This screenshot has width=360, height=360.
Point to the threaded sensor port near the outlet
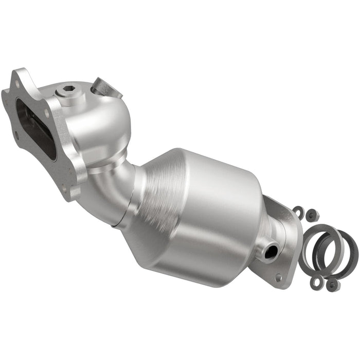[271, 251]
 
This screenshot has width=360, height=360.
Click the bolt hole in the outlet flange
[279, 277]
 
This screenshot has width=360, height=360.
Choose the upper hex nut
[311, 215]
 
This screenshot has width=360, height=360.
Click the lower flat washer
[316, 281]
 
